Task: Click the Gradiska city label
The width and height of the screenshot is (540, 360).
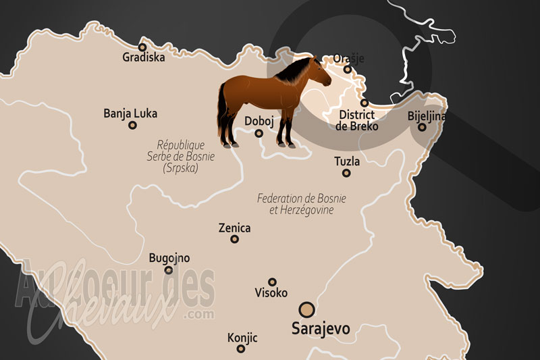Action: [x=142, y=57]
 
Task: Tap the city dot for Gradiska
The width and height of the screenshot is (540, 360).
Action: [x=142, y=47]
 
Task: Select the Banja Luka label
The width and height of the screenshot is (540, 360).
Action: [x=130, y=113]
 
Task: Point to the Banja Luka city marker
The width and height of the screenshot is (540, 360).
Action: [x=133, y=124]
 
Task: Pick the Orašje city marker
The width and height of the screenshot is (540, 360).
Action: [x=348, y=69]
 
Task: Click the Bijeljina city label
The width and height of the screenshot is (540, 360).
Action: [x=427, y=116]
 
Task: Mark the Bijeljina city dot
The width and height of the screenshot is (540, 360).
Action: [x=422, y=127]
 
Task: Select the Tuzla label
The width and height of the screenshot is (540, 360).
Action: [x=347, y=162]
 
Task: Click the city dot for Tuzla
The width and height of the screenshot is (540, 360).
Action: [x=346, y=173]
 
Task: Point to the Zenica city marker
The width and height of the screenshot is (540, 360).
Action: [x=235, y=239]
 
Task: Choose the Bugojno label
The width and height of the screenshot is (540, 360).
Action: [x=169, y=258]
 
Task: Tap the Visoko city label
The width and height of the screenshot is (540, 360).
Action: [x=271, y=293]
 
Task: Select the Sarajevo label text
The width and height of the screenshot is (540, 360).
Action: [x=320, y=330]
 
